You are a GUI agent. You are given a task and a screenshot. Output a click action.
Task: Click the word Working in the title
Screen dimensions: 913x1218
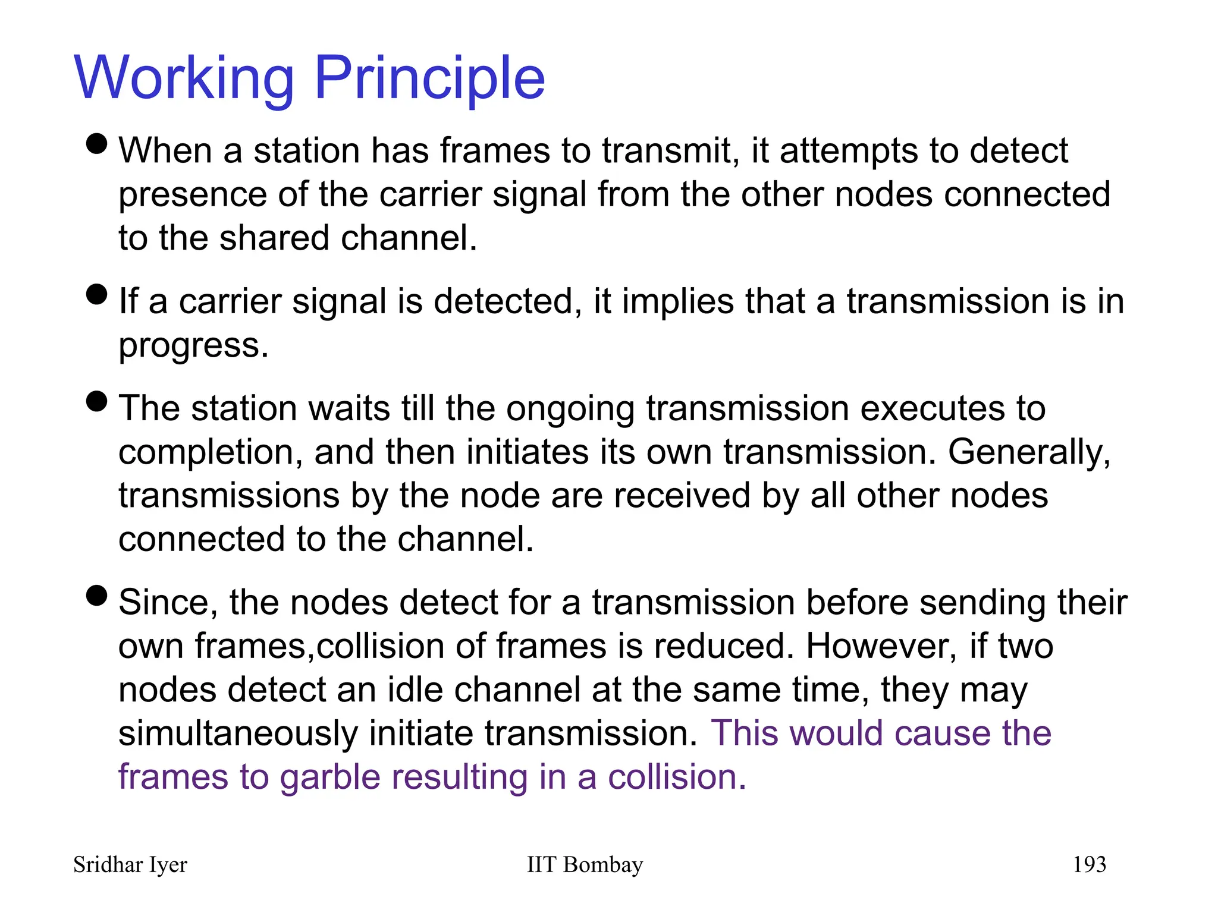pos(184,78)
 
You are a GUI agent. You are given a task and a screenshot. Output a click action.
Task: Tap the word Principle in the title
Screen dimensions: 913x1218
pos(429,78)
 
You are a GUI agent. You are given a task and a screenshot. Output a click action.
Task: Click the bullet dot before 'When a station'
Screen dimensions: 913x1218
pos(96,143)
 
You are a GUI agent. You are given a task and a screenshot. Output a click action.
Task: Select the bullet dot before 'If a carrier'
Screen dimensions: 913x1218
pos(96,294)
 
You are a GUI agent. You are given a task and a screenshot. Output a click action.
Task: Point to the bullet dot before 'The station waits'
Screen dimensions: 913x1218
pos(96,401)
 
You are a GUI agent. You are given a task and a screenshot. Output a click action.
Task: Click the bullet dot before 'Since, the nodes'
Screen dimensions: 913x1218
pos(96,595)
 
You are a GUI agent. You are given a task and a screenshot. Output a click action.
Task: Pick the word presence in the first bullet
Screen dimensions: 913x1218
pos(192,195)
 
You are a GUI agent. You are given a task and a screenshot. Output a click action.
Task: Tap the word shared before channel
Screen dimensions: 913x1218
pos(274,238)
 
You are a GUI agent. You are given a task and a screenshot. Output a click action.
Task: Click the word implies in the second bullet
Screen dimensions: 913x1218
pos(677,301)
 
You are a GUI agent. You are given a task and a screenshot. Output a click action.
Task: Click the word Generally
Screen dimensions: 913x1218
pos(1028,452)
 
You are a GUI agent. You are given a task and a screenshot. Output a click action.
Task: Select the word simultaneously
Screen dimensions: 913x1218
pos(238,733)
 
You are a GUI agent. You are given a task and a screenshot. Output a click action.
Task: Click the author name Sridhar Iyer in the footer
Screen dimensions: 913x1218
pos(130,865)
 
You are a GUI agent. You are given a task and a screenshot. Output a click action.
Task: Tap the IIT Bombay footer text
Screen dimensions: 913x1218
pos(585,865)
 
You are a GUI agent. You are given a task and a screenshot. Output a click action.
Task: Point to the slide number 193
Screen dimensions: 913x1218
pos(1089,865)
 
